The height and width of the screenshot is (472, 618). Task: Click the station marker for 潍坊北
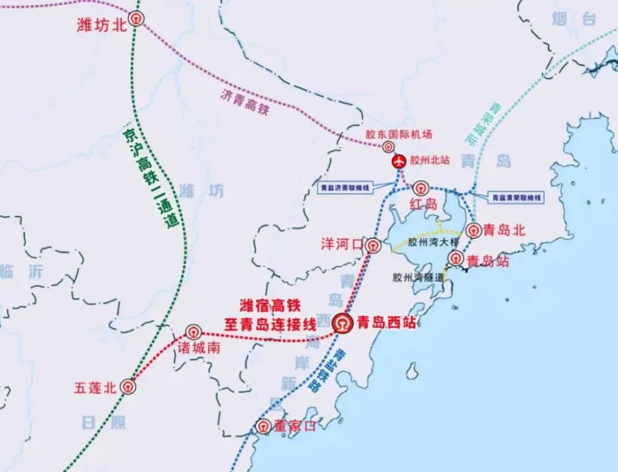138,19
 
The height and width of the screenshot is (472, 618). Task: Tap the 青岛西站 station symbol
343,323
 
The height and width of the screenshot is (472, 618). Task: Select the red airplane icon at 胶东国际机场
398,161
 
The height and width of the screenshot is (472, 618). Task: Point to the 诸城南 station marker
193,331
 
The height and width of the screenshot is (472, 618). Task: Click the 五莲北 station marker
128,387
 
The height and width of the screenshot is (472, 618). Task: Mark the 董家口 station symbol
263,426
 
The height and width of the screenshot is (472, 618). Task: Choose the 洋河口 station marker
373,245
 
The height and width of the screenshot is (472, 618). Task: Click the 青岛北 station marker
474,230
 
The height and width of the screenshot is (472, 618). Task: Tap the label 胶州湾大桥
433,243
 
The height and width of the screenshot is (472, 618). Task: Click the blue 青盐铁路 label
329,370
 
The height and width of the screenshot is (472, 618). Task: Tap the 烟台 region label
573,19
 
